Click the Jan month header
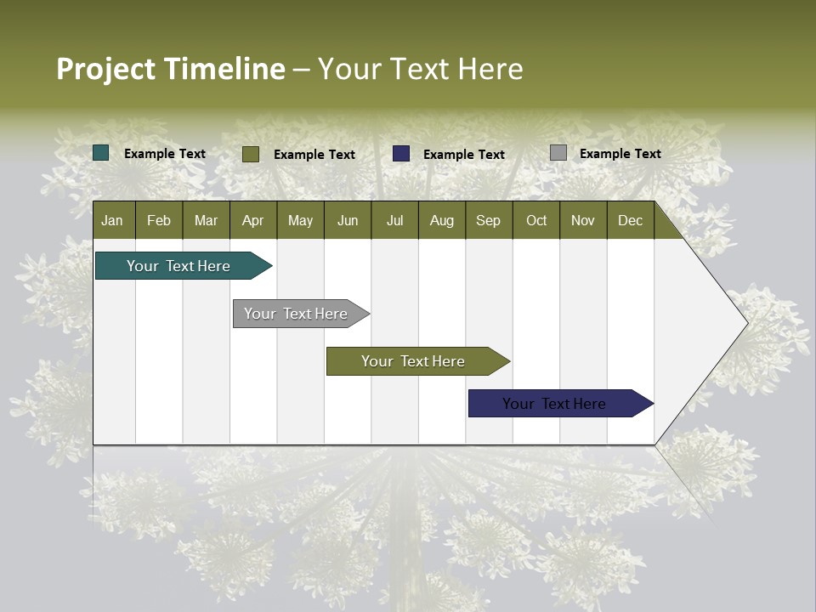tap(112, 220)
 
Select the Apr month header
tap(253, 220)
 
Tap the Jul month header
tap(394, 220)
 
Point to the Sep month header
tap(488, 220)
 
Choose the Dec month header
tap(630, 220)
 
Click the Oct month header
tap(536, 220)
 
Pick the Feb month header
tap(159, 220)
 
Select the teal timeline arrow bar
tap(179, 266)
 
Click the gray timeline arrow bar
tap(297, 314)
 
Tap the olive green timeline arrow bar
tap(414, 361)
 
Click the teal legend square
tap(101, 153)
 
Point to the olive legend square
tap(251, 154)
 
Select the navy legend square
tap(401, 154)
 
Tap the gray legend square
tap(558, 153)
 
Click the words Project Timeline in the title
tap(171, 69)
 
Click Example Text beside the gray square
tap(620, 154)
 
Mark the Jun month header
tap(348, 220)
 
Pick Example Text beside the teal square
tap(165, 154)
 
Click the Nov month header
tap(583, 220)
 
